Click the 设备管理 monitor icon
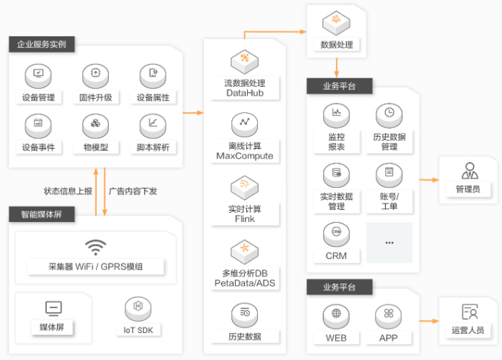click(38, 76)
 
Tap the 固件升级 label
click(95, 97)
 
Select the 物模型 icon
click(95, 126)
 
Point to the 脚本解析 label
click(153, 147)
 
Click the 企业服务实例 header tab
click(41, 44)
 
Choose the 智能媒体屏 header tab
click(41, 214)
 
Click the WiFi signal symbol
click(95, 248)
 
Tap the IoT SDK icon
click(138, 309)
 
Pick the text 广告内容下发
click(133, 191)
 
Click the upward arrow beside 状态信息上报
click(95, 191)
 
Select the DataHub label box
click(245, 88)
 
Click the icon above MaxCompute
click(245, 125)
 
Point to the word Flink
click(245, 219)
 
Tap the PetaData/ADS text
click(245, 283)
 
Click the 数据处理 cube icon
click(336, 23)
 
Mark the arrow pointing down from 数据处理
click(337, 68)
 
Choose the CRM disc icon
click(336, 235)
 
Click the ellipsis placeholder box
click(389, 243)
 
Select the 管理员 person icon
click(470, 171)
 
